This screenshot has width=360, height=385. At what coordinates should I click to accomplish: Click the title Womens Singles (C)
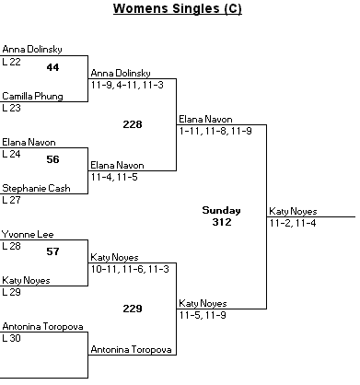pos(178,8)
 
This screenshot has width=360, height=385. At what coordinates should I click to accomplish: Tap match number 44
pos(52,67)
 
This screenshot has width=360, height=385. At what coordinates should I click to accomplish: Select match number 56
pos(52,159)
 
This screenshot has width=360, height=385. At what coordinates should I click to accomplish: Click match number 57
pos(52,251)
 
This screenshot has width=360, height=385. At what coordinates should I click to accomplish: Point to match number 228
pos(133,124)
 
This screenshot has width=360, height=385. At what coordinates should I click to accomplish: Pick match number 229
pos(133,309)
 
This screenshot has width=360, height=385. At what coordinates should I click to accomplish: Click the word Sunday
pos(221,211)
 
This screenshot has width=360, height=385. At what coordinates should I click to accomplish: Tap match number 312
pos(222,222)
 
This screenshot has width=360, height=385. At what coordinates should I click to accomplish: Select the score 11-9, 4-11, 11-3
pos(127,85)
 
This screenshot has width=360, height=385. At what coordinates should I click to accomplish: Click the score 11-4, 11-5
pos(114,177)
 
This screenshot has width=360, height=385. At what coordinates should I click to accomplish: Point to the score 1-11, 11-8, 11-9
pos(215,131)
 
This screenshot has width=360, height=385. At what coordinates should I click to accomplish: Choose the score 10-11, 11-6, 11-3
pos(130,269)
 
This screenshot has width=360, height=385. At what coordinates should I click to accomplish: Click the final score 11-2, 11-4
pos(293,223)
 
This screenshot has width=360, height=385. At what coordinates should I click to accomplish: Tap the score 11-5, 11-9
pos(203,315)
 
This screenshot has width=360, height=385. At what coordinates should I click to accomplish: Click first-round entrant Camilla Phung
pos(32,97)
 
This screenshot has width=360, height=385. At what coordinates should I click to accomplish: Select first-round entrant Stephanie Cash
pos(36,188)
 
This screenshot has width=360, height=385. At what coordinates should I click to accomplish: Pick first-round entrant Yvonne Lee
pos(28,235)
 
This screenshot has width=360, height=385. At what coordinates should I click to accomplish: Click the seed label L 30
pos(11,338)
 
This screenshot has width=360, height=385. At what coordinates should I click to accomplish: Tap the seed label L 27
pos(11,200)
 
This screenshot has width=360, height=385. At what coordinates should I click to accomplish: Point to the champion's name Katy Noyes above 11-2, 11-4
pos(293,212)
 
